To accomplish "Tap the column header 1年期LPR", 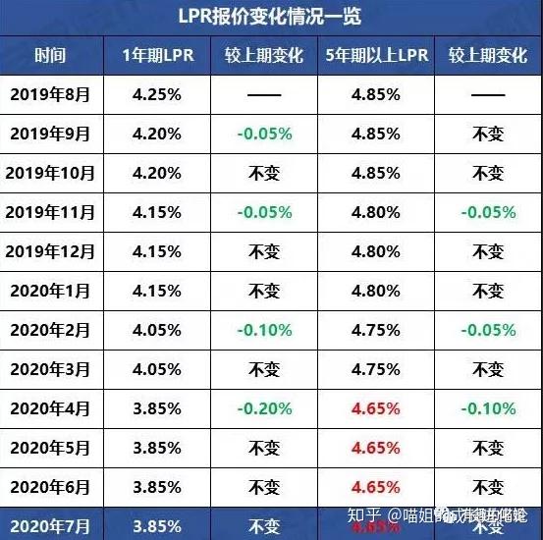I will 156,56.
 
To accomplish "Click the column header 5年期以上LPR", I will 377,56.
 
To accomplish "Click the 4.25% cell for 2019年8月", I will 156,95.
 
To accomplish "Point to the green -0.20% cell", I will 263,407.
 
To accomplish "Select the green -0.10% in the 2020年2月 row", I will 263,329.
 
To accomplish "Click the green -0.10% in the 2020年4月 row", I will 487,407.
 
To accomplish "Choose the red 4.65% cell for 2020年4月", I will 377,407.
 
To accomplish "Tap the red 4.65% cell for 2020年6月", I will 377,486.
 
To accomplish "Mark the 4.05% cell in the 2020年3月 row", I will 156,368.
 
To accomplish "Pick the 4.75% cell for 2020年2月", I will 377,329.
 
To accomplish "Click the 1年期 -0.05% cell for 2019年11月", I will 263,211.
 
